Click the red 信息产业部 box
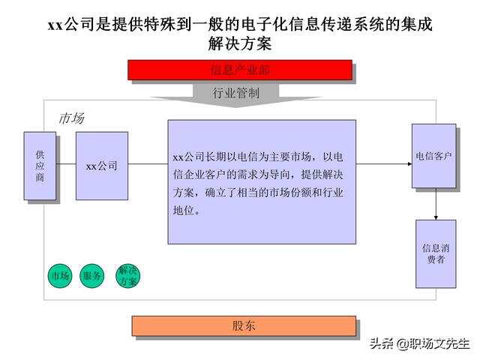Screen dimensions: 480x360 tap(240, 70)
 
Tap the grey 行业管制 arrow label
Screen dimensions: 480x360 tap(235, 93)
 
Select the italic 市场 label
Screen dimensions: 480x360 tap(72, 118)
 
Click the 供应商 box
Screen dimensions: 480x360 tap(40, 166)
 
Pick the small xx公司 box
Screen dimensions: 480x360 tap(102, 166)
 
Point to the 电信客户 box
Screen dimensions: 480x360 tap(433, 156)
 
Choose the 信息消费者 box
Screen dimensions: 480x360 tap(436, 253)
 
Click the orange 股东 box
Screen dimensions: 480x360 tap(244, 326)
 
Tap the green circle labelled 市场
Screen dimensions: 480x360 tap(60, 276)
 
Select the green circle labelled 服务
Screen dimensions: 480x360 tap(91, 276)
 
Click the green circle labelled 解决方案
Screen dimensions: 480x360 tap(128, 276)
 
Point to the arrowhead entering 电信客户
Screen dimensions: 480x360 tap(410, 164)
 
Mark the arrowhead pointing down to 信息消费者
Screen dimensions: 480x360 tap(436, 217)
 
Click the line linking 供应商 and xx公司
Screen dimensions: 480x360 tap(66, 164)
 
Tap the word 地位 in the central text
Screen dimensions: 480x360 tap(183, 210)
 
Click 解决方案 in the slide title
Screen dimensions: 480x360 tap(240, 43)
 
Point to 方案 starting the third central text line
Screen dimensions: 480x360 tap(183, 193)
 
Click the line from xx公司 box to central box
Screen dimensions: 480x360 tap(148, 164)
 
